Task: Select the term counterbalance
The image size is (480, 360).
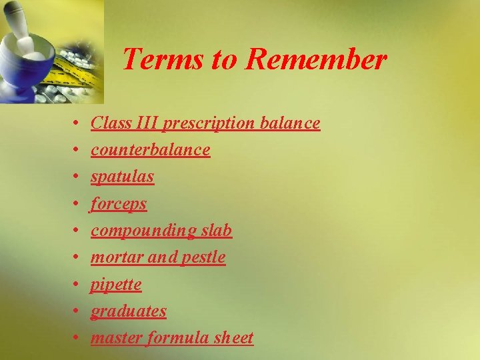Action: tap(151, 150)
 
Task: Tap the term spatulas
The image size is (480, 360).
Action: tap(123, 177)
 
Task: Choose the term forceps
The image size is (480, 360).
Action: tap(119, 204)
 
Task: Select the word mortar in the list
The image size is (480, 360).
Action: tap(112, 257)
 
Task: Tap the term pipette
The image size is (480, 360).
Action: tap(117, 285)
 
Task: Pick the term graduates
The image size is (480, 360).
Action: tap(129, 311)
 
